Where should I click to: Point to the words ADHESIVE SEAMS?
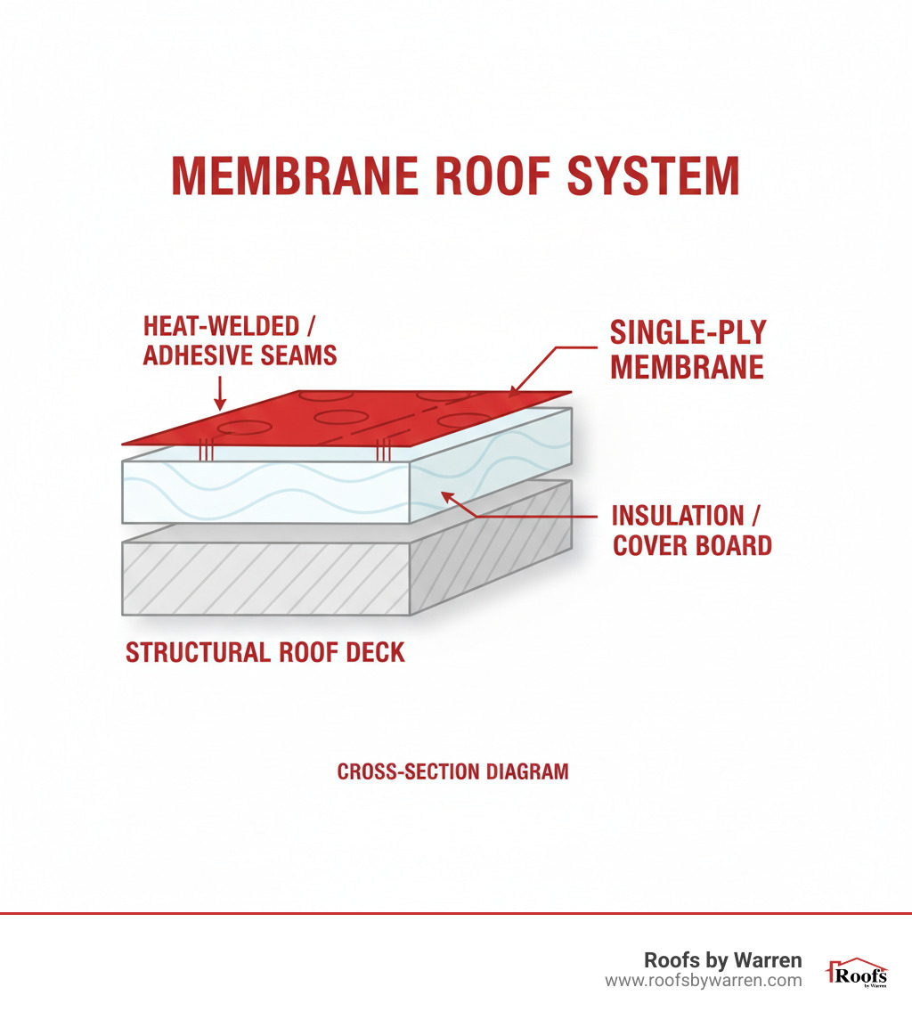tap(240, 355)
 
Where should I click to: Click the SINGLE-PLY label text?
tap(688, 333)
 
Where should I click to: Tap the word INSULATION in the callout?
tap(677, 516)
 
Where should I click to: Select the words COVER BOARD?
tap(692, 545)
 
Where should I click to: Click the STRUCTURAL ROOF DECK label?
tap(265, 652)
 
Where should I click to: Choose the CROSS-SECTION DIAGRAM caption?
tap(452, 771)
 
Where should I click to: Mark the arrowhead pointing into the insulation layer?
tap(446, 496)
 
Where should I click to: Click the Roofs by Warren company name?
tap(722, 960)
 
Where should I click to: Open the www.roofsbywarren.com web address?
tap(703, 981)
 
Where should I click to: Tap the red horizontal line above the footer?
tap(456, 913)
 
